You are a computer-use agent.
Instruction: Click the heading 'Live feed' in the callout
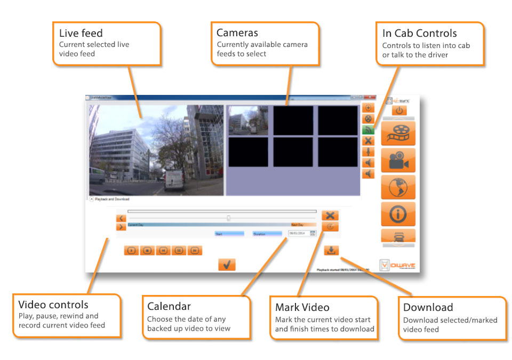tap(81, 34)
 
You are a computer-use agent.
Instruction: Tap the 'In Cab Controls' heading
tap(419, 33)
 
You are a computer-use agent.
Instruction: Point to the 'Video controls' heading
tap(53, 305)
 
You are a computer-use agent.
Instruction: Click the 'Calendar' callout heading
tap(169, 307)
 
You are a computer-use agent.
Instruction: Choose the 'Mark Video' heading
tap(302, 307)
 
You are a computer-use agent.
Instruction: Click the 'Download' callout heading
tap(428, 307)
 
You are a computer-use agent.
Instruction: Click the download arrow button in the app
tap(331, 250)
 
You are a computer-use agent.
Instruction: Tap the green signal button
tap(368, 130)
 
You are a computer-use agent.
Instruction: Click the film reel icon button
tap(398, 133)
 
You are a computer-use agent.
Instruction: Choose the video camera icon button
tap(398, 160)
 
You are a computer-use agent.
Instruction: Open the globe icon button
tap(398, 187)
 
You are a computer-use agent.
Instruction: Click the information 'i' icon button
tap(398, 214)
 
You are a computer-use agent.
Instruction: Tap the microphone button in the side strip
tap(368, 151)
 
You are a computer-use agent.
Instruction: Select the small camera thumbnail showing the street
tap(248, 120)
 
